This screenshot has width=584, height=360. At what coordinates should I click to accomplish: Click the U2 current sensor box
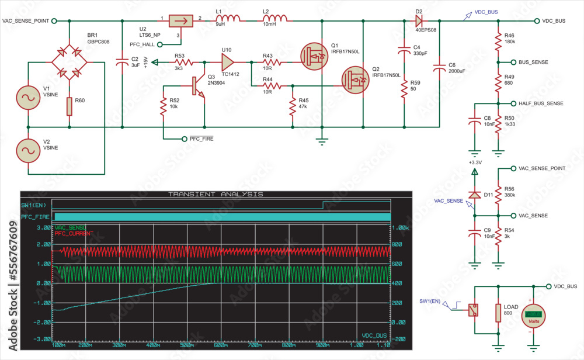point(180,22)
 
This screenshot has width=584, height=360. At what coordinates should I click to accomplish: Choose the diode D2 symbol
point(419,20)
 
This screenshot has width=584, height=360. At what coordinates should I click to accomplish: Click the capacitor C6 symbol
point(440,69)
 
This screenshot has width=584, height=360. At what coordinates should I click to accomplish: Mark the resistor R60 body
point(69,106)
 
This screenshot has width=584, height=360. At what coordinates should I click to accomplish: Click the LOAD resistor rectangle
point(498,313)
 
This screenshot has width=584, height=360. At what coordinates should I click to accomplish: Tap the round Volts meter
point(533,316)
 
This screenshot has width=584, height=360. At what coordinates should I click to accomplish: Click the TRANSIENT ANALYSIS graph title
point(215,194)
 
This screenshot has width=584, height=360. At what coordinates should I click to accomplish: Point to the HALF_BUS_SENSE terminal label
point(541,103)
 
